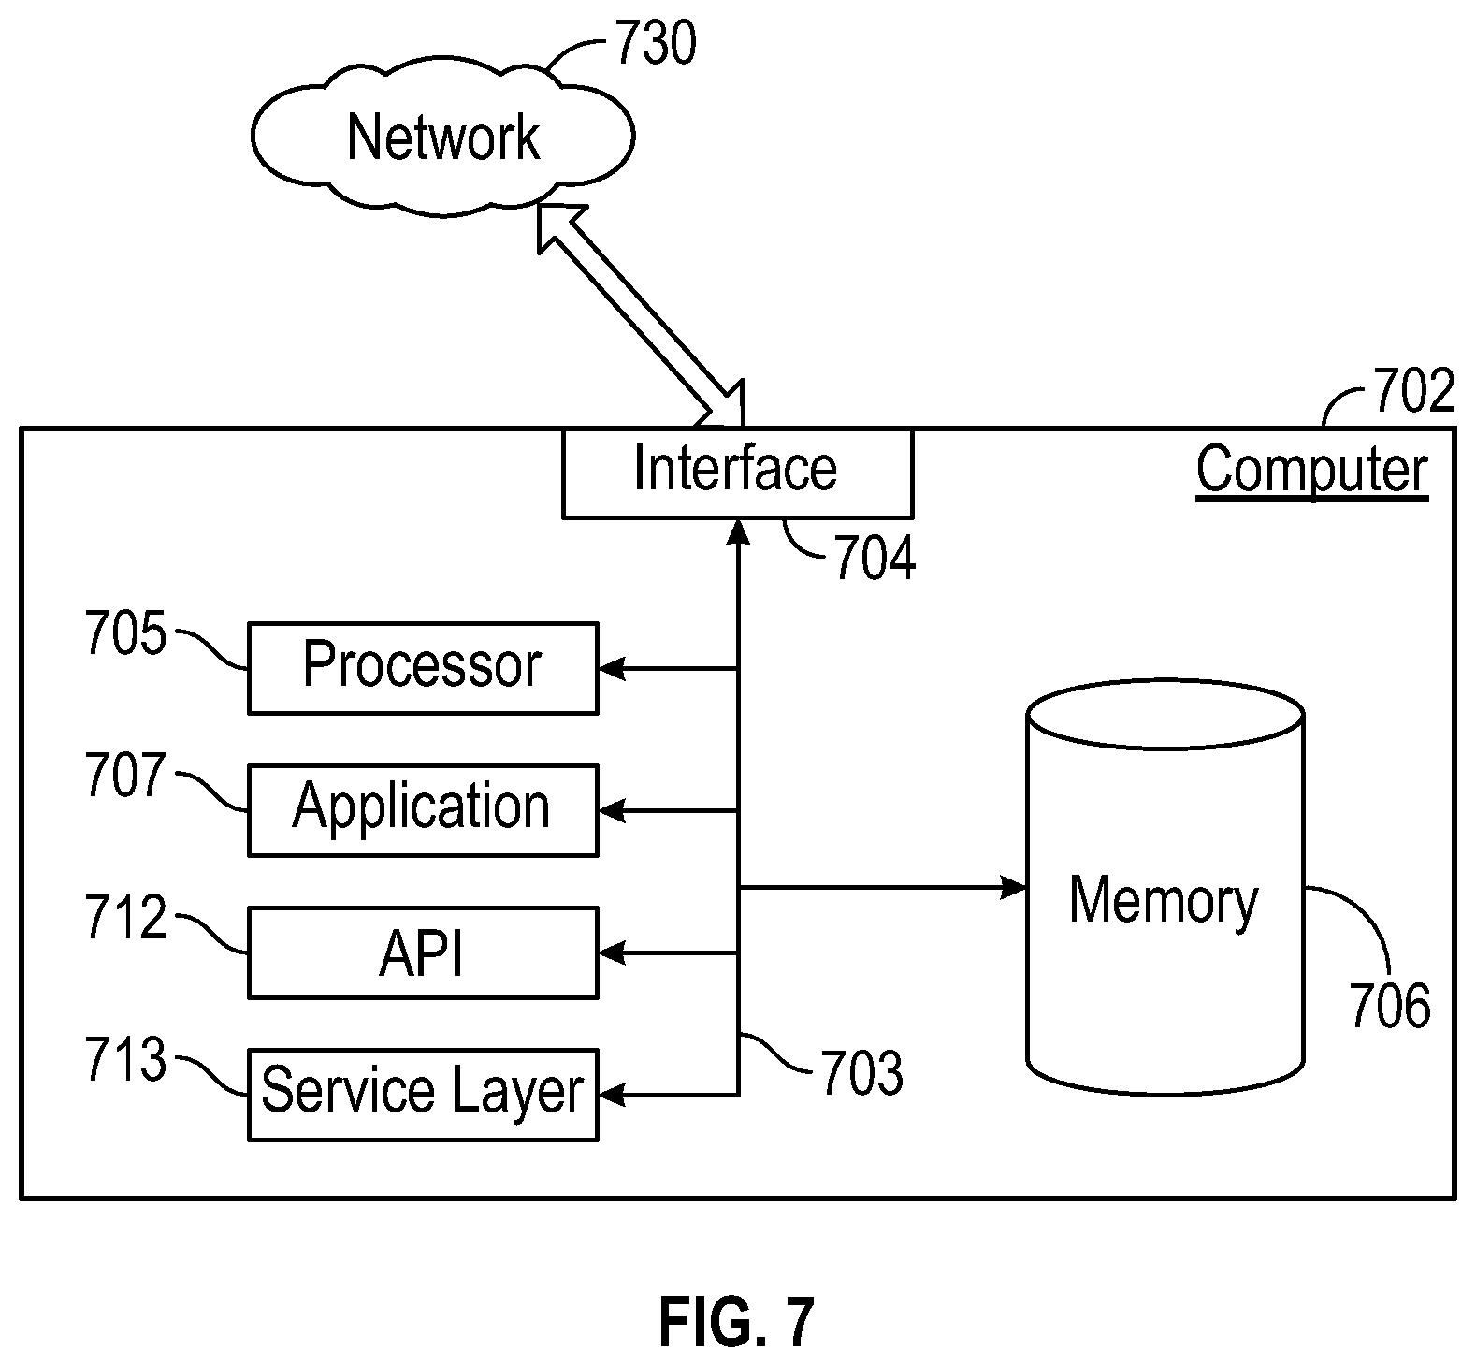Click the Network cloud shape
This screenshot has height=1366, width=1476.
coord(442,138)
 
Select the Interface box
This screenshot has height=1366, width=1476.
coord(737,472)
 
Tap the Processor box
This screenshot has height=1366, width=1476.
coord(423,668)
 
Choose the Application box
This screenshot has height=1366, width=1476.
coord(423,810)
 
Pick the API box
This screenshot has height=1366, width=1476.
coord(423,952)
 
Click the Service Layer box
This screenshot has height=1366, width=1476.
coord(423,1095)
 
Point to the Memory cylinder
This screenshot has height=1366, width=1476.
coord(1165,888)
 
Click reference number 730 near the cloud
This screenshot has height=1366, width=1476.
coord(655,44)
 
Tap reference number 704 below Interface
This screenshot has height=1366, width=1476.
coord(875,559)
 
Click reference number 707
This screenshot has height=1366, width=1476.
coord(125,776)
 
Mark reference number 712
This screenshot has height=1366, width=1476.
coord(125,918)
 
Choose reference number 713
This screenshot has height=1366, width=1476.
coord(125,1061)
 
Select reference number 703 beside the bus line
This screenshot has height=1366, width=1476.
coord(862,1073)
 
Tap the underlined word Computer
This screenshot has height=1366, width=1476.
coord(1312,471)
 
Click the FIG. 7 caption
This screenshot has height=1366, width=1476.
coord(737,1321)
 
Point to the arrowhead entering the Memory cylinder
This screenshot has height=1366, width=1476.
coord(1014,886)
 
